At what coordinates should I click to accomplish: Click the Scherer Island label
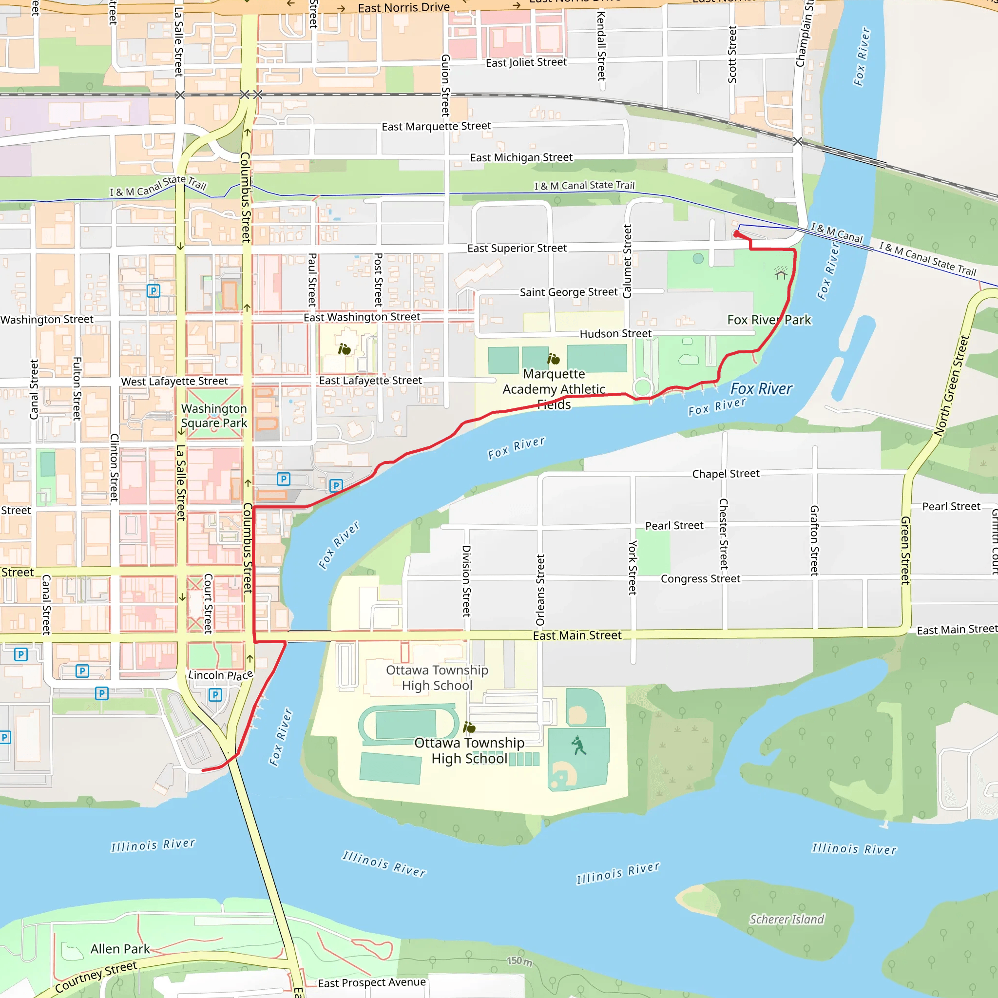point(787,920)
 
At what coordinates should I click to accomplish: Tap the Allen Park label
point(120,949)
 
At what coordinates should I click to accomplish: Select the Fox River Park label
point(768,320)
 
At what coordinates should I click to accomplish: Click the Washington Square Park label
point(214,416)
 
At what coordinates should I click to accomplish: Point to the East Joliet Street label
point(526,62)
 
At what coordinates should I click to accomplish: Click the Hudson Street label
point(615,334)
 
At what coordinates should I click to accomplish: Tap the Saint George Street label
point(568,292)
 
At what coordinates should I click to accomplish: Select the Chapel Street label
point(725,474)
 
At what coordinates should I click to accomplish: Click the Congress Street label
point(700,578)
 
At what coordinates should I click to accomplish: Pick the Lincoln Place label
point(220,675)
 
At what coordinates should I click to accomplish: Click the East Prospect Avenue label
point(372,982)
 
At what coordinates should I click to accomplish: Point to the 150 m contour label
point(519,961)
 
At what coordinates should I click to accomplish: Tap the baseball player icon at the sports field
point(579,746)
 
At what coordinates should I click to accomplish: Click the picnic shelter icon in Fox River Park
point(781,273)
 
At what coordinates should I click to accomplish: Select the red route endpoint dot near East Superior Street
point(737,234)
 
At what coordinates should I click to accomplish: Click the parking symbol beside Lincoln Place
point(215,695)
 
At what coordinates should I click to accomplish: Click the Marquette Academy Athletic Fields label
point(554,389)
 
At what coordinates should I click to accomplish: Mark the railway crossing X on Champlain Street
point(798,141)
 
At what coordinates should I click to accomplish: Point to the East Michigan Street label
point(521,157)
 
